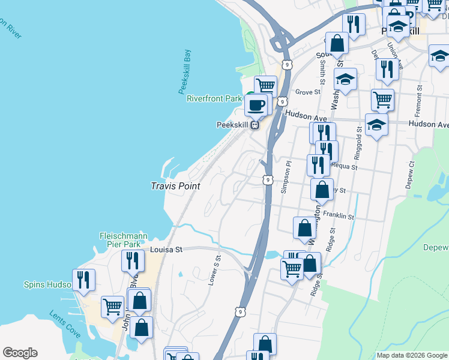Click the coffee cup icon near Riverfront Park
[256, 105]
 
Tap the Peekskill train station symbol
[255, 125]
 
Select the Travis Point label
[175, 187]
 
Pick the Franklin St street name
[339, 214]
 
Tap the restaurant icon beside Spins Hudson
[83, 280]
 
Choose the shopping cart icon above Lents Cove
[112, 307]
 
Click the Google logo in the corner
[20, 353]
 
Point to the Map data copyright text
[411, 355]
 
